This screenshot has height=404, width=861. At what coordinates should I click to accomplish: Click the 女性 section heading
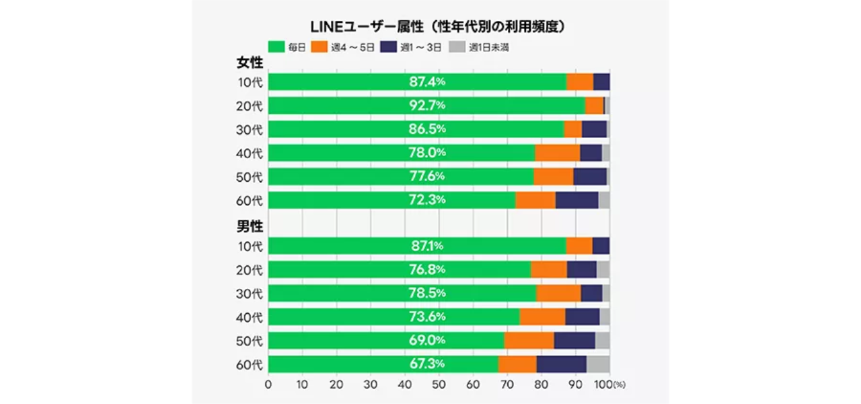pyautogui.click(x=250, y=63)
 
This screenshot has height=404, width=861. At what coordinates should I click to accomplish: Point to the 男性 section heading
pyautogui.click(x=250, y=226)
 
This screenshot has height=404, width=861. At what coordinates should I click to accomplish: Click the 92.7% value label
pyautogui.click(x=427, y=106)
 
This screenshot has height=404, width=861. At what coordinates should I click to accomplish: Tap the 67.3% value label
pyautogui.click(x=427, y=364)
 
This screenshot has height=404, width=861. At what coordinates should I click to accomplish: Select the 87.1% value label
pyautogui.click(x=427, y=246)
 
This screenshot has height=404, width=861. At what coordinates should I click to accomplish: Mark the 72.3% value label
pyautogui.click(x=427, y=200)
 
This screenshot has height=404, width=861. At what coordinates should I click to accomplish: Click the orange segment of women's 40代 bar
pyautogui.click(x=557, y=153)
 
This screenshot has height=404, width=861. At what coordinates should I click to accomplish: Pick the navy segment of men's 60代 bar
pyautogui.click(x=561, y=364)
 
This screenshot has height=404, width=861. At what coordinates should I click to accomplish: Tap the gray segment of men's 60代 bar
pyautogui.click(x=598, y=364)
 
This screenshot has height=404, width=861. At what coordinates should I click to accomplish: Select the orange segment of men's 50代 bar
pyautogui.click(x=529, y=341)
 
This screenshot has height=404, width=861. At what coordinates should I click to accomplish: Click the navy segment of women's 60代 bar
pyautogui.click(x=576, y=200)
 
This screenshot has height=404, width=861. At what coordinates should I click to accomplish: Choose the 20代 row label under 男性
pyautogui.click(x=250, y=270)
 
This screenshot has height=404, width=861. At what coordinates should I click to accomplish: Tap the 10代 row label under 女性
pyautogui.click(x=250, y=82)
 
